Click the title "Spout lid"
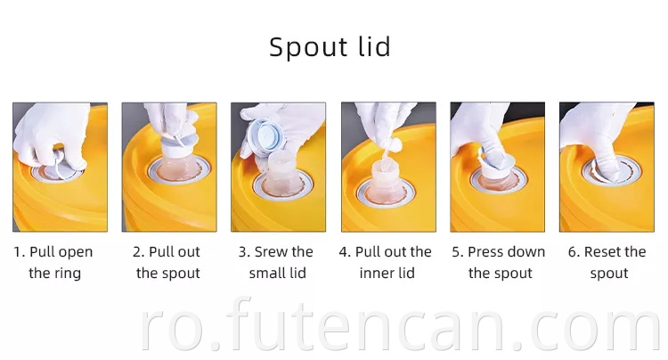tap(330, 47)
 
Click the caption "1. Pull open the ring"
tap(53, 263)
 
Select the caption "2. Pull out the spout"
tap(167, 263)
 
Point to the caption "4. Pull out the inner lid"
tap(386, 263)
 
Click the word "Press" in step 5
tap(483, 252)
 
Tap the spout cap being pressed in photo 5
tap(496, 164)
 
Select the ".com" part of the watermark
tap(589, 329)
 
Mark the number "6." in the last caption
tap(574, 252)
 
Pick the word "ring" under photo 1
tap(69, 274)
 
